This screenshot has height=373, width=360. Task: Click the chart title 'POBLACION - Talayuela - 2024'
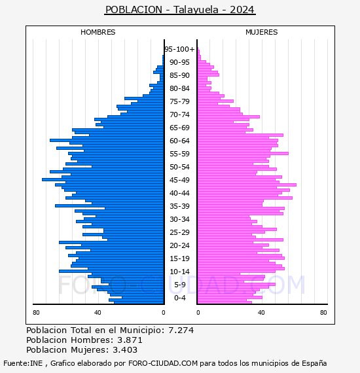(x=180, y=10)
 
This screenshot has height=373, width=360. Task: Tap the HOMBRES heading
(x=98, y=32)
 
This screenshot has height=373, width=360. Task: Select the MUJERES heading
(x=262, y=32)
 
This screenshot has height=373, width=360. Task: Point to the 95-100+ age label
(x=179, y=49)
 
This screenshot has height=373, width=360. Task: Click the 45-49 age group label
(x=179, y=180)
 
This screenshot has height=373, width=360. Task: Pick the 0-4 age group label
(x=179, y=298)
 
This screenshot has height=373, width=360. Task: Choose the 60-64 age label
(x=179, y=141)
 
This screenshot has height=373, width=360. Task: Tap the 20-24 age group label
(x=179, y=245)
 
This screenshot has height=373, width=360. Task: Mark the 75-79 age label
(x=179, y=101)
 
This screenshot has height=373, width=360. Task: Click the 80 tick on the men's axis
(x=36, y=312)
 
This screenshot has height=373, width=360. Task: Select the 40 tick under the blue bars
(x=98, y=312)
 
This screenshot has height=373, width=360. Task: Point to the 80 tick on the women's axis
(x=323, y=312)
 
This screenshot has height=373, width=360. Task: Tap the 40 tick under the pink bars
(x=261, y=312)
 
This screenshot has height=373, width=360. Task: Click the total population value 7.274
(x=181, y=330)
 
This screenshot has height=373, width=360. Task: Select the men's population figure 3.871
(x=130, y=340)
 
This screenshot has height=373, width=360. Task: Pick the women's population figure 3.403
(x=125, y=349)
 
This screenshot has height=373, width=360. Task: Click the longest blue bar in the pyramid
(x=103, y=179)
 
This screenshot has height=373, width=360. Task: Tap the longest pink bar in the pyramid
(x=247, y=185)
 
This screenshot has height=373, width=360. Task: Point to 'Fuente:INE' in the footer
(x=23, y=363)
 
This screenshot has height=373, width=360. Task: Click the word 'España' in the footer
(x=314, y=363)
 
